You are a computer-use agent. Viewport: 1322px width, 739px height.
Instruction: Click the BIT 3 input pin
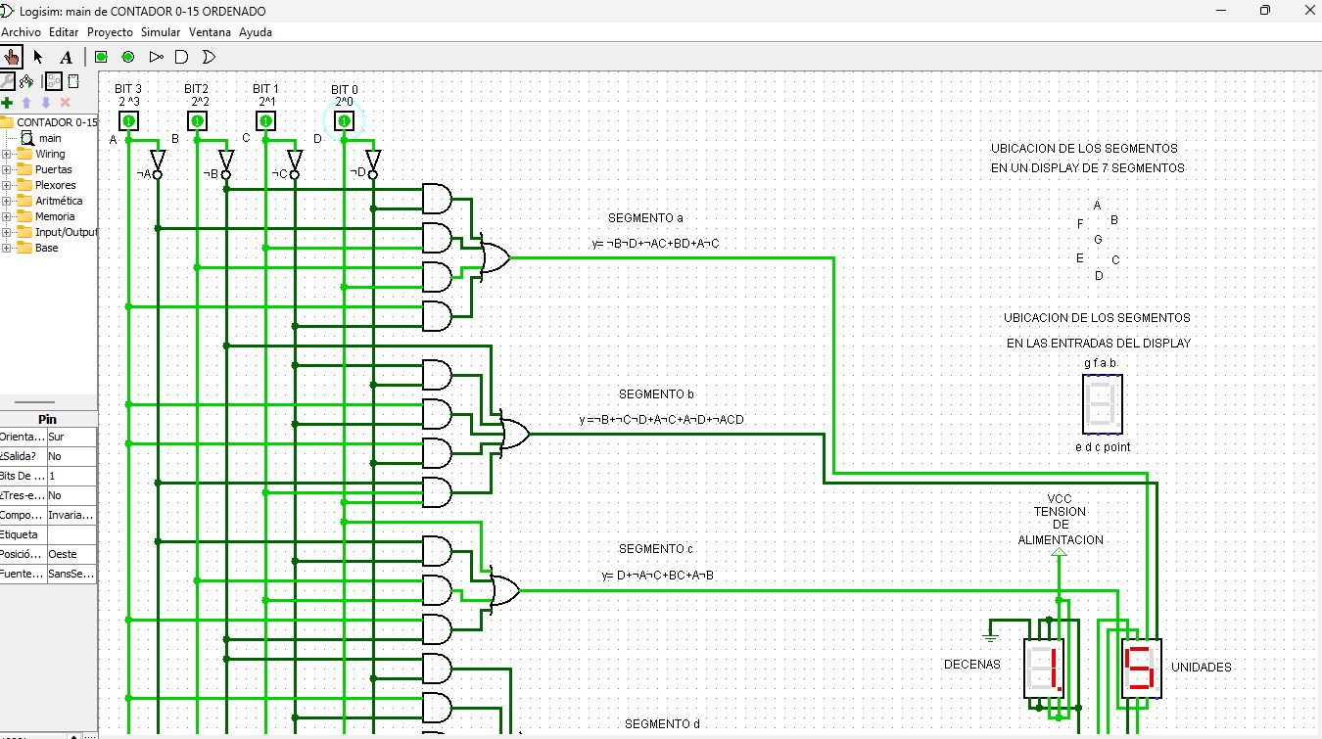click(x=128, y=120)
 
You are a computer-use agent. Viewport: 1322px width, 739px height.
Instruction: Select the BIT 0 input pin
click(x=344, y=120)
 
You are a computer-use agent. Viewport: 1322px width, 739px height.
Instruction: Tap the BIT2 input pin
click(x=197, y=120)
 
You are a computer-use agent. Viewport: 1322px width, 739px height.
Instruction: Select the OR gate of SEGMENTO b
click(x=514, y=434)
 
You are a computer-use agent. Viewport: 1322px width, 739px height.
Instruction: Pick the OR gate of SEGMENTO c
click(x=503, y=590)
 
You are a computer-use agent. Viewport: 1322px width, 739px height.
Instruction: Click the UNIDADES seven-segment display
click(x=1141, y=669)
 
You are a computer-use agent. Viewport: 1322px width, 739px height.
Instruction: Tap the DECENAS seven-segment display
click(x=1043, y=669)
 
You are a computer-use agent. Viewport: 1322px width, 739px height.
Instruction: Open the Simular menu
click(x=161, y=31)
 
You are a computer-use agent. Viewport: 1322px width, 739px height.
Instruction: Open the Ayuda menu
click(x=256, y=31)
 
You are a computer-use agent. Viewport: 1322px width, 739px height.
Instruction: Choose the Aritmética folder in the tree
click(x=59, y=201)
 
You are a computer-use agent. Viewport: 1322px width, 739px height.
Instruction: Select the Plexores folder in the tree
click(x=55, y=185)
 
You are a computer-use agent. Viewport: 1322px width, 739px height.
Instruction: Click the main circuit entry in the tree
click(x=49, y=138)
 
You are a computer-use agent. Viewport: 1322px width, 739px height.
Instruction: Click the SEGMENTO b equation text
click(x=661, y=420)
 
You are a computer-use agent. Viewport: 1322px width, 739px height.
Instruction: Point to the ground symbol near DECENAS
click(x=990, y=636)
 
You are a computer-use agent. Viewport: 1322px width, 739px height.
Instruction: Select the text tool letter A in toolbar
click(x=66, y=57)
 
